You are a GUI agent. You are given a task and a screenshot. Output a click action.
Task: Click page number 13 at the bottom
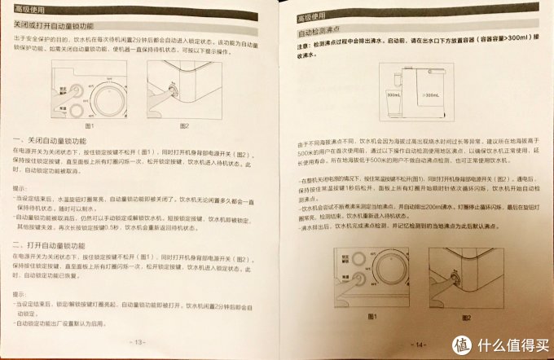pyautogui.click(x=139, y=341)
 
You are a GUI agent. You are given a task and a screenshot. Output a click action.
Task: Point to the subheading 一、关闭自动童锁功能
pyautogui.click(x=59, y=141)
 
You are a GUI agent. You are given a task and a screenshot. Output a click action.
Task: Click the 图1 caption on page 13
pyautogui.click(x=90, y=125)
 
